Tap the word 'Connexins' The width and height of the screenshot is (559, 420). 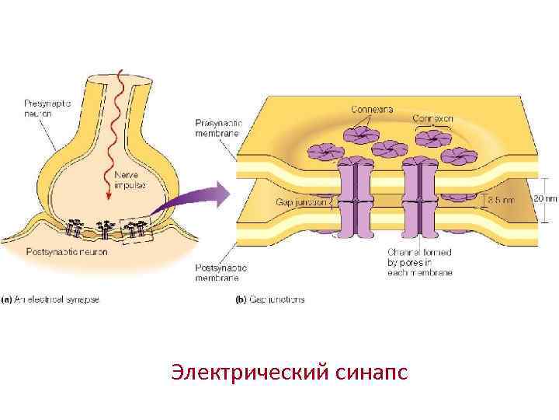372,110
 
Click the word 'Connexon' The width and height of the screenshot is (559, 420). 432,118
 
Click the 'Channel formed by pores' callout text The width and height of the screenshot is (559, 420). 419,262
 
